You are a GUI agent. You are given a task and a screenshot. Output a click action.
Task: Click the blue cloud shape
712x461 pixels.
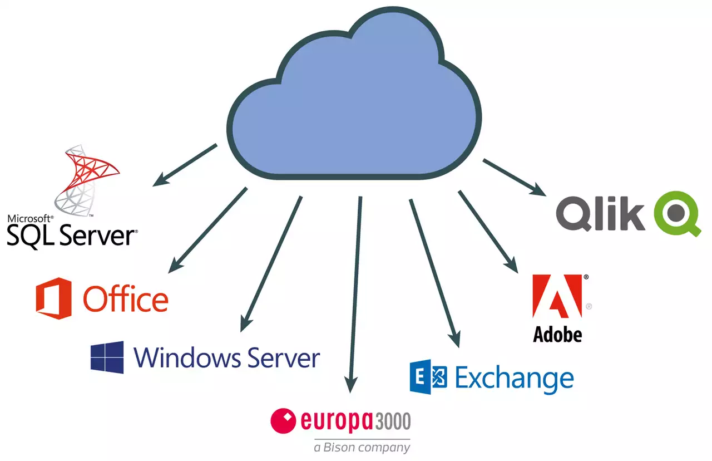click(356, 106)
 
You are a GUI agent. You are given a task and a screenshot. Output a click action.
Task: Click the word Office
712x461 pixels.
click(126, 300)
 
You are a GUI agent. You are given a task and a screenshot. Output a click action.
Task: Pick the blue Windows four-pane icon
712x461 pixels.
click(107, 357)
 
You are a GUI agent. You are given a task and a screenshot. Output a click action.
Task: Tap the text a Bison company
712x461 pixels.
click(362, 447)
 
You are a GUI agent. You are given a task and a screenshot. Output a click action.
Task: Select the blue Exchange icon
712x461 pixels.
click(428, 377)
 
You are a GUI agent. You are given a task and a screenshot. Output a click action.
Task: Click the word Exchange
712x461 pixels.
click(514, 379)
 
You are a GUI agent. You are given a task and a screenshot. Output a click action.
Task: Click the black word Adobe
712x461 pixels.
click(557, 334)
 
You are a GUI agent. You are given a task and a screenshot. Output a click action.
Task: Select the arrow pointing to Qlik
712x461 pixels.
click(515, 177)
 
